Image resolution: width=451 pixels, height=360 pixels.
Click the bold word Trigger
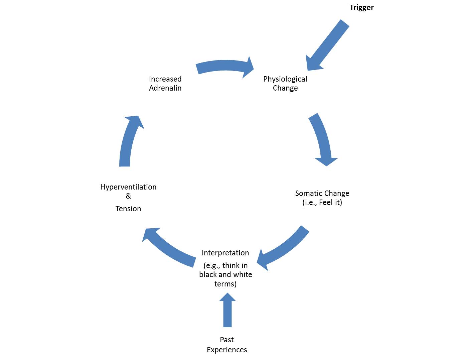[x=361, y=8]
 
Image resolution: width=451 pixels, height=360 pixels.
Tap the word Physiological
[x=285, y=79]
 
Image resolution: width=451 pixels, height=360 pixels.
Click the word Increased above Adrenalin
[x=165, y=79]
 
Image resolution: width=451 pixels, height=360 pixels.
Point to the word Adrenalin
[x=165, y=88]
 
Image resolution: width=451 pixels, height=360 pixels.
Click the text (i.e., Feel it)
[x=322, y=203]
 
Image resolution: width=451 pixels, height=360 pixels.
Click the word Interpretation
[x=225, y=253]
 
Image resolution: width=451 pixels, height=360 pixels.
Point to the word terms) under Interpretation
[x=225, y=284]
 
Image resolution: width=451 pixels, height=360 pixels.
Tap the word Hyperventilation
[x=128, y=187]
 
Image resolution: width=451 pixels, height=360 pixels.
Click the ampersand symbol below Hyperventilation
[x=128, y=196]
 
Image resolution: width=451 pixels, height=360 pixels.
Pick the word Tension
[x=128, y=209]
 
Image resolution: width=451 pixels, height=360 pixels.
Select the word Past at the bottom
[x=227, y=340]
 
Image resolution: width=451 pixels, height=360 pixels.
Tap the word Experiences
[x=227, y=350]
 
